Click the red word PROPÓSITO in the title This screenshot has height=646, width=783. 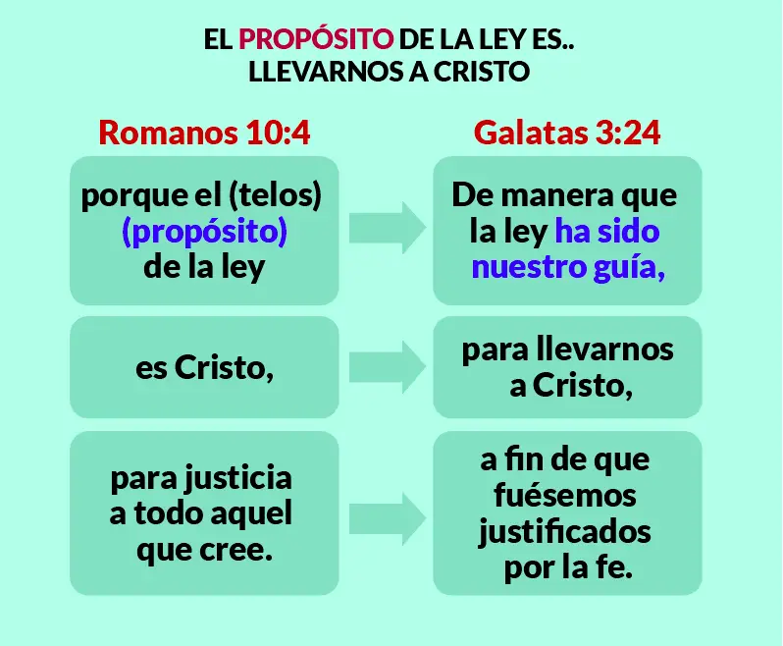pos(316,40)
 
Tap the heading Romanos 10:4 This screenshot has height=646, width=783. pos(204,133)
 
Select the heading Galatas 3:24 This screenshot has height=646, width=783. pos(567,133)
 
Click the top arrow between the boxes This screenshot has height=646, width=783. pos(387,230)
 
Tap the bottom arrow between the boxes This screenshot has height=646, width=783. pos(387,514)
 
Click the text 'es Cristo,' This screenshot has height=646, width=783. pos(204,368)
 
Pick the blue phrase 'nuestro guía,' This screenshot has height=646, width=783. pos(568,267)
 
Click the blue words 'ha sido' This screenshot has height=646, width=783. pos(607,232)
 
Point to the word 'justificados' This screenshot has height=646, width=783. pos(566,532)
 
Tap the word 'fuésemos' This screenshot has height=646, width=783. pos(566,495)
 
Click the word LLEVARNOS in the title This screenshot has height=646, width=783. pos(317,72)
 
